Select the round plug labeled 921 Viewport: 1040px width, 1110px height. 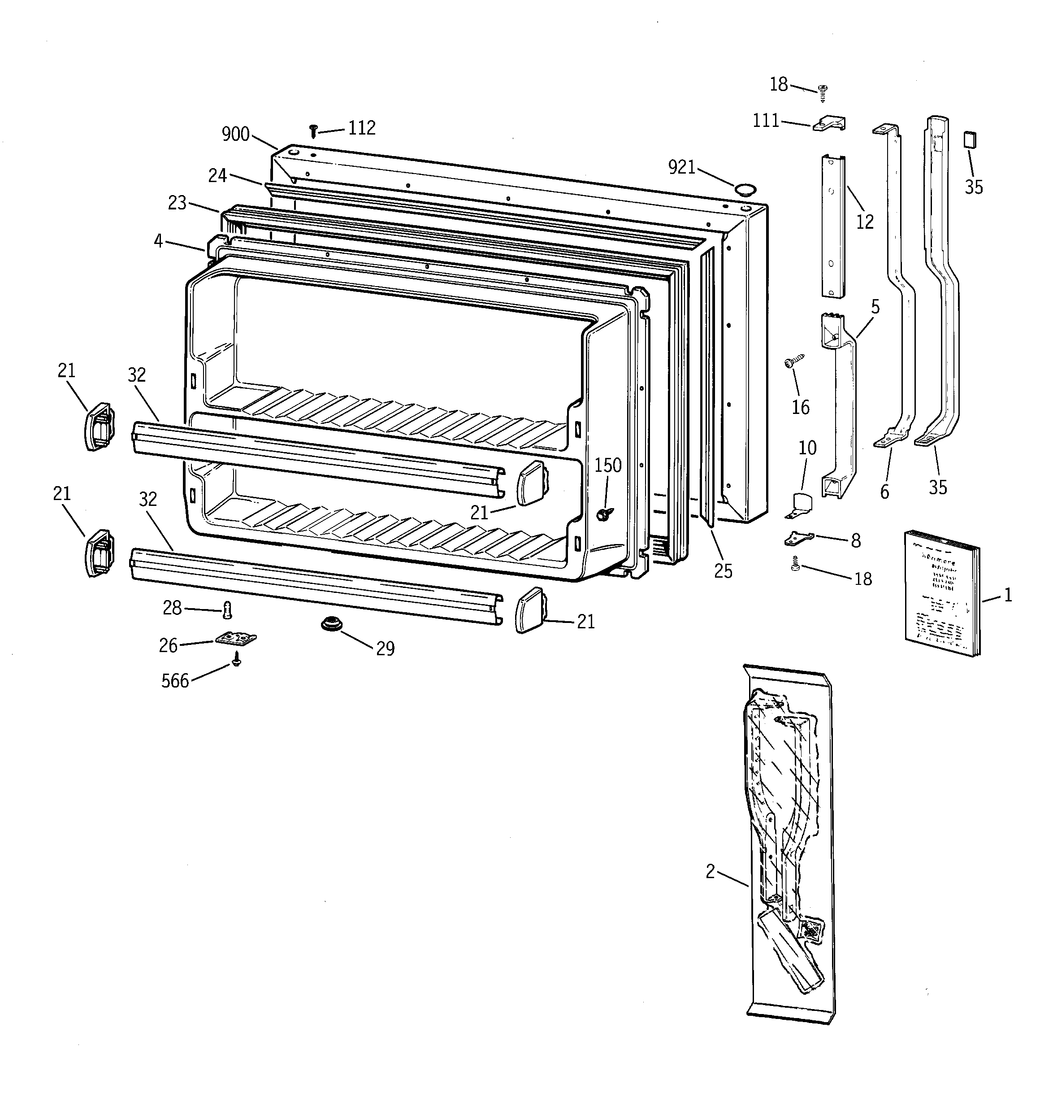[x=744, y=189]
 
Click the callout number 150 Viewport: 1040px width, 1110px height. [x=607, y=465]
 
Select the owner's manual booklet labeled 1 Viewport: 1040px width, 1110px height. [x=941, y=593]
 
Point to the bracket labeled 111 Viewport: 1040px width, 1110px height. [x=830, y=123]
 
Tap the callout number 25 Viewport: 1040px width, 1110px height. [x=723, y=571]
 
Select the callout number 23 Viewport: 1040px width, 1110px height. [x=177, y=203]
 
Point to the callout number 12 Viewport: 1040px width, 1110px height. [x=865, y=222]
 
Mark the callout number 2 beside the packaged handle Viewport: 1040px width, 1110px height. [x=710, y=871]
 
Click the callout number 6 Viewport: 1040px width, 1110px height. [x=884, y=492]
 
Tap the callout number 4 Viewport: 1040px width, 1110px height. [x=159, y=241]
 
